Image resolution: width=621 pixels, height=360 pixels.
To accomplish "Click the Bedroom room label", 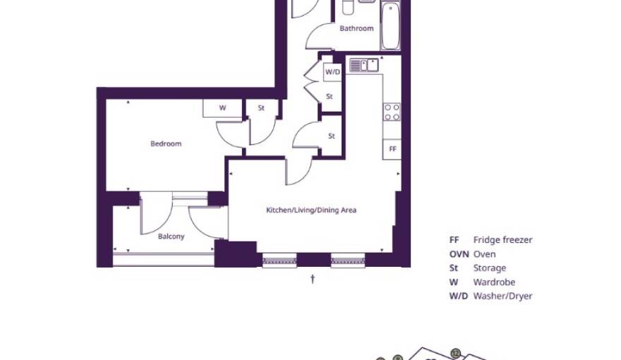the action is [x=166, y=143].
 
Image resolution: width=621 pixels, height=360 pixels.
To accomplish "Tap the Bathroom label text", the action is [x=356, y=28].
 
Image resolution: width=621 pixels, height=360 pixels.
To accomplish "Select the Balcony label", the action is [x=171, y=236].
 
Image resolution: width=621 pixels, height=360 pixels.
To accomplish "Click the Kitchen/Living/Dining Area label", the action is [x=311, y=210].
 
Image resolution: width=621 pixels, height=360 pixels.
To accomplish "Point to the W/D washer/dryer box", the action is [x=332, y=72].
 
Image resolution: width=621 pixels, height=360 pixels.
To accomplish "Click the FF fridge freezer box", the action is [x=392, y=150].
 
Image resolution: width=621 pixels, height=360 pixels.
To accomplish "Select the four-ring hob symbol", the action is [x=392, y=112].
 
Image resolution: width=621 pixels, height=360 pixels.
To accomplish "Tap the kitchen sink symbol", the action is [x=364, y=66].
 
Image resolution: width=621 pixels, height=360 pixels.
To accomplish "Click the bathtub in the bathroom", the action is [x=390, y=25].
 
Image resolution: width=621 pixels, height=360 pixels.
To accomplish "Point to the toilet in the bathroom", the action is [x=348, y=7].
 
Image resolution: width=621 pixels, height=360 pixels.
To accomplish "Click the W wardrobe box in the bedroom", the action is [x=222, y=108].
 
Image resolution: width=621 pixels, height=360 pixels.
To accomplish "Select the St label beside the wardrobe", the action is [x=261, y=108].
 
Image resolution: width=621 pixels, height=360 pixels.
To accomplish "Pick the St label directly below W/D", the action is [x=330, y=96].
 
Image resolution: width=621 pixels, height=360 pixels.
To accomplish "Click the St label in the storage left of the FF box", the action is [x=332, y=136].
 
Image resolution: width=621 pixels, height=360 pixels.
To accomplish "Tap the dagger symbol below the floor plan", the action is [x=313, y=280].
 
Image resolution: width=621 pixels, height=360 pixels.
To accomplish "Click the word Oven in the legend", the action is [x=484, y=254].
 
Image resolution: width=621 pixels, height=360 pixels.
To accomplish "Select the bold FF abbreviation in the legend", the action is [x=454, y=240].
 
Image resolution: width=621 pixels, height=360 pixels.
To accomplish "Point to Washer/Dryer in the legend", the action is [x=502, y=296].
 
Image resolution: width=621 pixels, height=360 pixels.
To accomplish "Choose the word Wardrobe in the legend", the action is [x=494, y=282].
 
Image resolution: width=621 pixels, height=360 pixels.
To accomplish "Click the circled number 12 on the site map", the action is [x=455, y=353].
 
